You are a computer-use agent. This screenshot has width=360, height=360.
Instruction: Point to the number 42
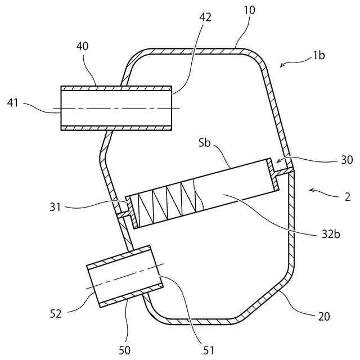tap(205, 17)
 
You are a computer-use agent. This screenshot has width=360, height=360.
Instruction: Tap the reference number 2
tap(347, 197)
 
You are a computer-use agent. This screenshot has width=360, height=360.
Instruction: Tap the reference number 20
tap(323, 316)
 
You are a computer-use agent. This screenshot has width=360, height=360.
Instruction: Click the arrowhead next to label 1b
tap(281, 67)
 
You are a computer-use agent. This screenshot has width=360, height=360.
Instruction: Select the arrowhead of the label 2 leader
tap(310, 191)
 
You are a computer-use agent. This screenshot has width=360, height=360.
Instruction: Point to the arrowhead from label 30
tap(277, 163)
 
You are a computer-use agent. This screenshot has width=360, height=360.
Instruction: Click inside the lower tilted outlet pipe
tap(124, 276)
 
